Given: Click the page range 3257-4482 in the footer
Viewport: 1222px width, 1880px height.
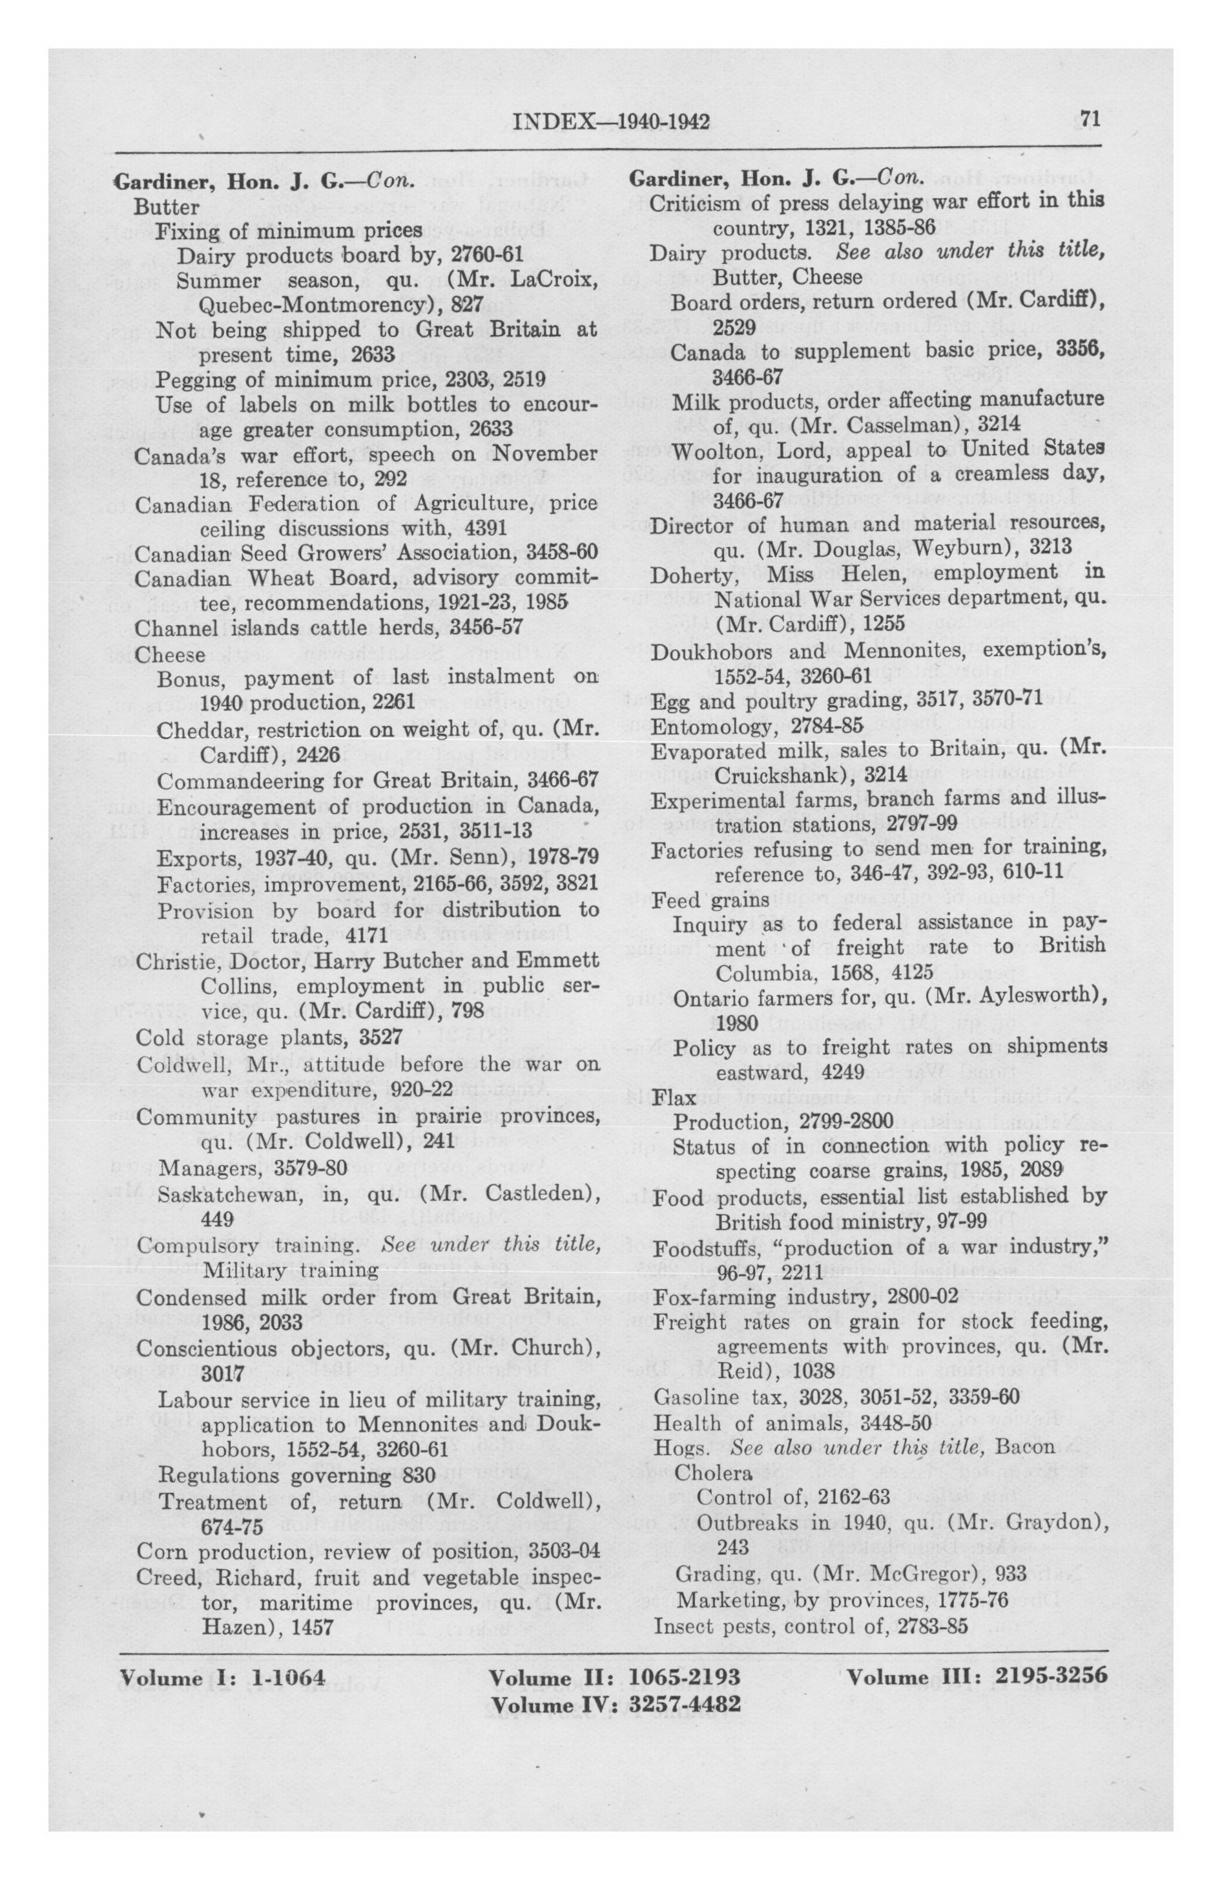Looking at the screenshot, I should [685, 1705].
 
